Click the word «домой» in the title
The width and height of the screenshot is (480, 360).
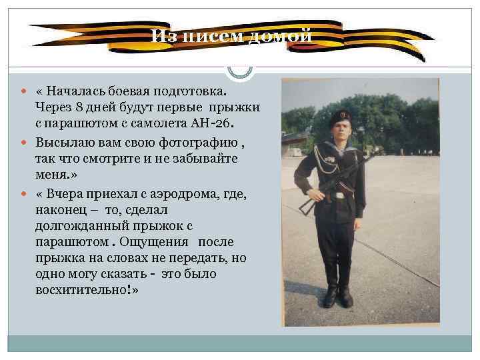[x=279, y=35]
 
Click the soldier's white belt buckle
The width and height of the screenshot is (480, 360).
[x=340, y=195]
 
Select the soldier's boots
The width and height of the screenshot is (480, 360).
[x=337, y=293]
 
